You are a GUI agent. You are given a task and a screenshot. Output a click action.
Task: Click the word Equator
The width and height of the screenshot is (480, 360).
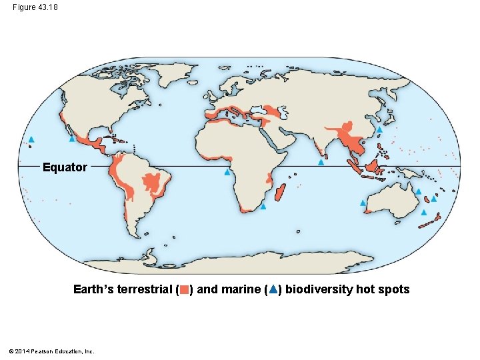(65, 167)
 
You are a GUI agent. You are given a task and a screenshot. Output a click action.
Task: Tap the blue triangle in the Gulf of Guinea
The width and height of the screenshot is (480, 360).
(227, 173)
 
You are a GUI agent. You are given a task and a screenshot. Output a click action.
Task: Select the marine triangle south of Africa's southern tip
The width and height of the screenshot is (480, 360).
(263, 207)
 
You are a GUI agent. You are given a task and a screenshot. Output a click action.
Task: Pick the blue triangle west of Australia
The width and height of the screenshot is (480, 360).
(363, 203)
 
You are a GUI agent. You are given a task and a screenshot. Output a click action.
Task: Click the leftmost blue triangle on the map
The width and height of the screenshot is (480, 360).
(31, 139)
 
